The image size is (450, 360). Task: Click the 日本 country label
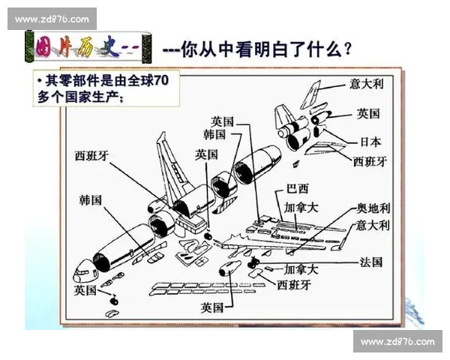click(370, 142)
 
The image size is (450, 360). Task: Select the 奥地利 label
click(373, 207)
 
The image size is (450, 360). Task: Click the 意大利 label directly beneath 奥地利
click(373, 225)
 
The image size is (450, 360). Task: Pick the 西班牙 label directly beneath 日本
click(370, 160)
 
